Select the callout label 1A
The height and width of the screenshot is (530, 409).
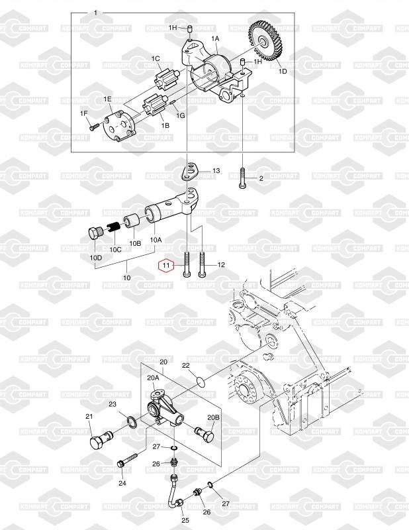pyautogui.click(x=215, y=39)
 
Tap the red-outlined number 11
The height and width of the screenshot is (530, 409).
pyautogui.click(x=165, y=266)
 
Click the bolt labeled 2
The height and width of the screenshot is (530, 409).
pyautogui.click(x=244, y=178)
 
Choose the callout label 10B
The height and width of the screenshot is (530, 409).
pyautogui.click(x=135, y=244)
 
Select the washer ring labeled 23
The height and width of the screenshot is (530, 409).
pyautogui.click(x=131, y=421)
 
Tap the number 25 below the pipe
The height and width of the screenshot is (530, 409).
pyautogui.click(x=185, y=520)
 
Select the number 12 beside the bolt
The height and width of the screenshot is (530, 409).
pyautogui.click(x=221, y=265)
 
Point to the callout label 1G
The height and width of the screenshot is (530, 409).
pyautogui.click(x=181, y=115)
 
